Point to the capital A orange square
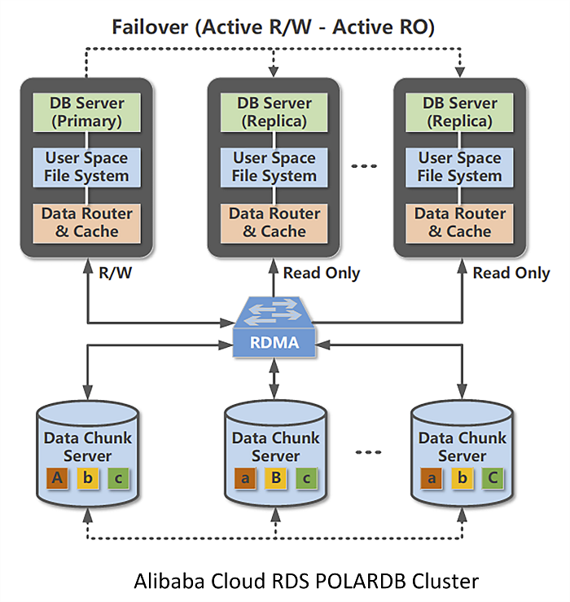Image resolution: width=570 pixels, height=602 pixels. click(57, 478)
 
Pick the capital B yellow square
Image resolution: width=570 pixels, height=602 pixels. click(274, 478)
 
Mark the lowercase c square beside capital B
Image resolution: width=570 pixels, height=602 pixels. click(305, 478)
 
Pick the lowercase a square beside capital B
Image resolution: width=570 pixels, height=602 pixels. click(243, 478)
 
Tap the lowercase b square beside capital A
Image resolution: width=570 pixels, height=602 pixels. click(88, 478)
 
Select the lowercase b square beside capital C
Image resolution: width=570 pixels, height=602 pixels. click(461, 478)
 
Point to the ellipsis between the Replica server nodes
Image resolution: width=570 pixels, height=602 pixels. click(364, 166)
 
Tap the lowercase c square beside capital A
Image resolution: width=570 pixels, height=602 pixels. click(119, 478)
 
